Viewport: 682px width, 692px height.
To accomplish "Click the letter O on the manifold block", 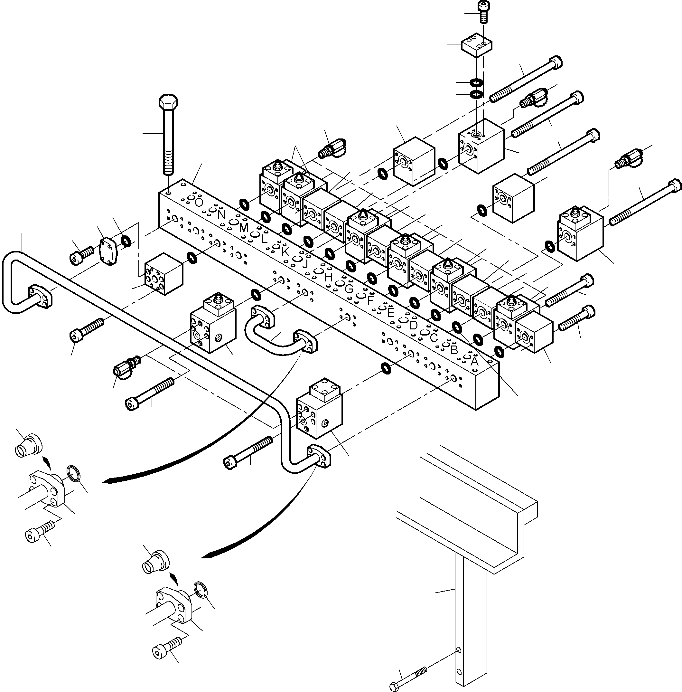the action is pos(199,203).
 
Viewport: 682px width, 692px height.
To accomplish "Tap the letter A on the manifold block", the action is pos(474,361).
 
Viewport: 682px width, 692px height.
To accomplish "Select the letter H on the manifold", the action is pos(328,277).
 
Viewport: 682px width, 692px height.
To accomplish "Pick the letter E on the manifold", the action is pos(391,313).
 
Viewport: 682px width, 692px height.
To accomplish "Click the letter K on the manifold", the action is pos(285,252).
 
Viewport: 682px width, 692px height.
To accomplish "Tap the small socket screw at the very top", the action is pos(483,12).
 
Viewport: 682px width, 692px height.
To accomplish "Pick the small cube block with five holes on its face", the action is pos(163,274).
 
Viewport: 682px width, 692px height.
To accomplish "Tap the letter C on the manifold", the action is pos(434,337).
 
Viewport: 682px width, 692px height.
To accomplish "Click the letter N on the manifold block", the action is pos(221,215).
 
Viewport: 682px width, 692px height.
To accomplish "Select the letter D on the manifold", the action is pos(413,326).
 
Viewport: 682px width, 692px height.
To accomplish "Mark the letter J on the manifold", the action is pos(305,264).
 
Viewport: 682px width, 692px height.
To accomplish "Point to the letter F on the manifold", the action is pos(370,301).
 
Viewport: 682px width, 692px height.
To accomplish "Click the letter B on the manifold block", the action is pos(454,349).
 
